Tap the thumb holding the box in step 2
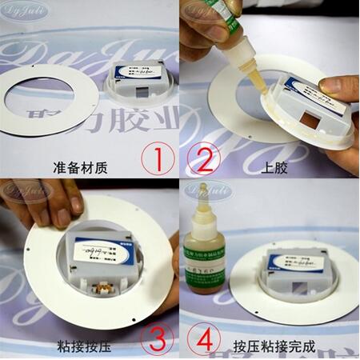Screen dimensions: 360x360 pyautogui.click(x=336, y=86)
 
